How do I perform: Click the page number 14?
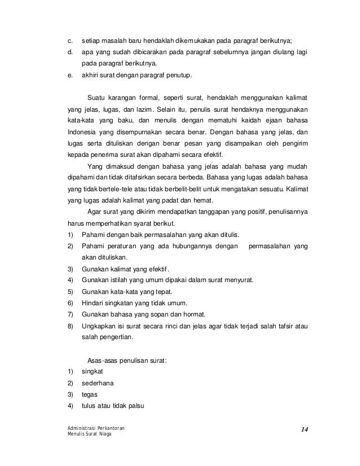(304, 430)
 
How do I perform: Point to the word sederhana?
(98, 383)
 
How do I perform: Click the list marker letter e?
(69, 73)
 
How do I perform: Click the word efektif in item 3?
(158, 269)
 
